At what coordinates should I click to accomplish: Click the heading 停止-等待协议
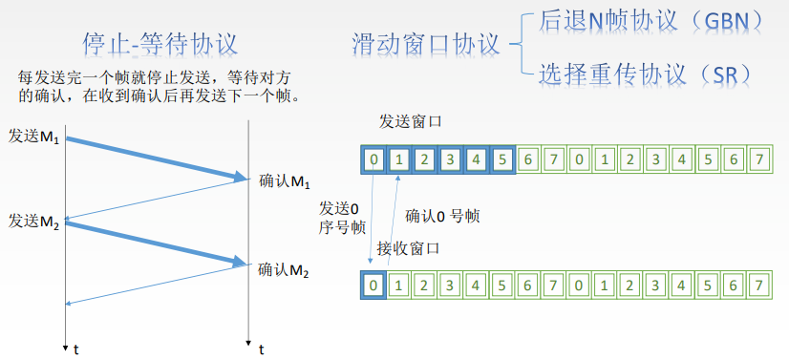160,44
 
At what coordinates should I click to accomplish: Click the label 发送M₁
33,137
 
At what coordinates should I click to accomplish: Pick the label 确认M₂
285,269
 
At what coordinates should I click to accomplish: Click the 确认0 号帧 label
442,216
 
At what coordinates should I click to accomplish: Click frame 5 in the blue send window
501,158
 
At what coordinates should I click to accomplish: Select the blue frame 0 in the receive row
376,284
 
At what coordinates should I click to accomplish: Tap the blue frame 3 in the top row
450,158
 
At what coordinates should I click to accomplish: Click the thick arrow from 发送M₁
153,157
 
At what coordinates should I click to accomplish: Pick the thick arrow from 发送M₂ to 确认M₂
153,243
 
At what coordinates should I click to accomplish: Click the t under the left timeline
76,350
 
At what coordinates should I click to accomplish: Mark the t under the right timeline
260,350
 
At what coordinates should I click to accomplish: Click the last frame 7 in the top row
758,158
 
